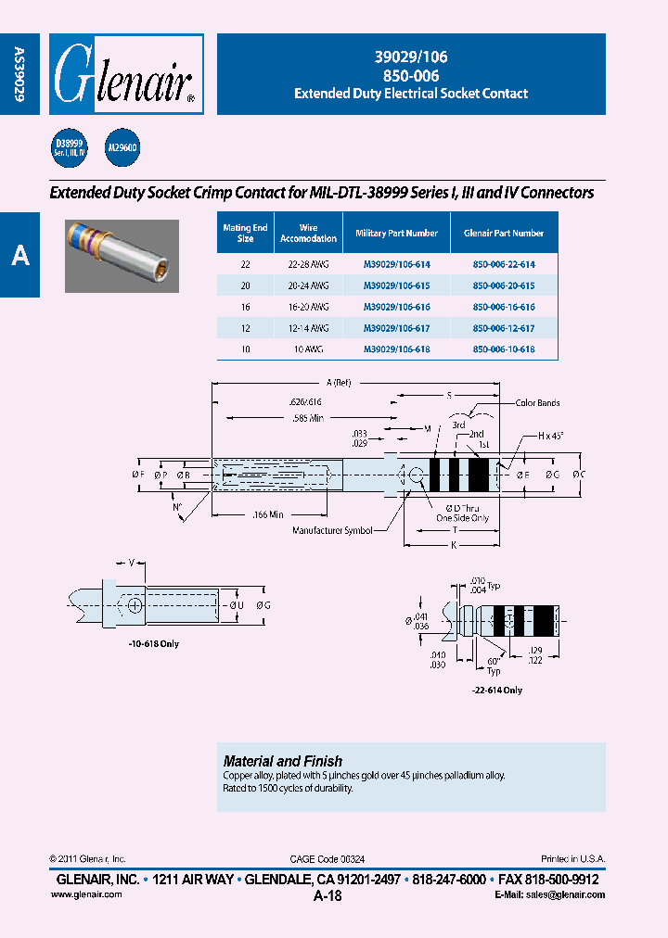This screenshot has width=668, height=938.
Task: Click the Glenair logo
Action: point(125,74)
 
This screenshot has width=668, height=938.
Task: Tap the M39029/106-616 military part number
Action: point(396,307)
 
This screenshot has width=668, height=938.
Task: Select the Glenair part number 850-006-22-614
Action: point(504,264)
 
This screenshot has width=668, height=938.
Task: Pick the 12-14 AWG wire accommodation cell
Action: point(308,328)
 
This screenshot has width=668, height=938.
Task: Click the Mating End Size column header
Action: point(246,233)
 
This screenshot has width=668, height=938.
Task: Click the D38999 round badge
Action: point(69,147)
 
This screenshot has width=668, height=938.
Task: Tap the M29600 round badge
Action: point(122,147)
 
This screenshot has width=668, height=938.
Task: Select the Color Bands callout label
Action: point(538,403)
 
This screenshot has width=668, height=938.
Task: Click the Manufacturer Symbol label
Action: point(332,530)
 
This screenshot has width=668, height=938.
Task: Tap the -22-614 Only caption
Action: point(498,690)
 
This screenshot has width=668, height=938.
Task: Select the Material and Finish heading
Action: point(283,761)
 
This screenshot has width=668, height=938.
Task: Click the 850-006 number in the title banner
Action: point(411,75)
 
